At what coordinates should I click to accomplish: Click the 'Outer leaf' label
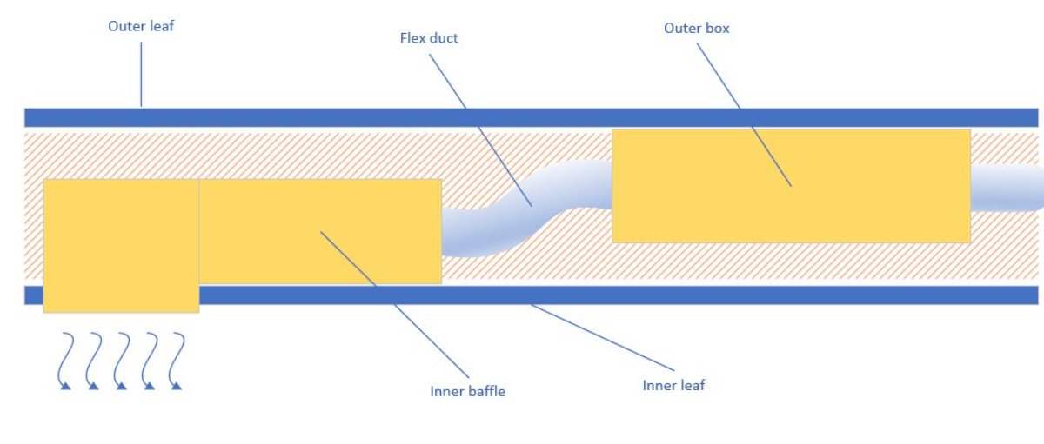[141, 26]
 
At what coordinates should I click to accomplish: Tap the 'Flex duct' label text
[428, 38]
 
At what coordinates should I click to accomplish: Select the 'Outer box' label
[696, 29]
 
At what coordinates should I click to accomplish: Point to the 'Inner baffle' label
[467, 391]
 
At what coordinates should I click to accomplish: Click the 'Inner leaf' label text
[673, 385]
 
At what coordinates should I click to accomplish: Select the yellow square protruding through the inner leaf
[121, 245]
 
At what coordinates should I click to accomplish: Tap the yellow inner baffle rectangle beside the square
[261, 230]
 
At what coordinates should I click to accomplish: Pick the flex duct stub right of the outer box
[1005, 188]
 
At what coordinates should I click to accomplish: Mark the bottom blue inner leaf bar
[696, 295]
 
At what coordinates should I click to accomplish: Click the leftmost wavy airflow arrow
[64, 360]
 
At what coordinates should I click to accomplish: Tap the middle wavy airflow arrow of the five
[121, 360]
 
